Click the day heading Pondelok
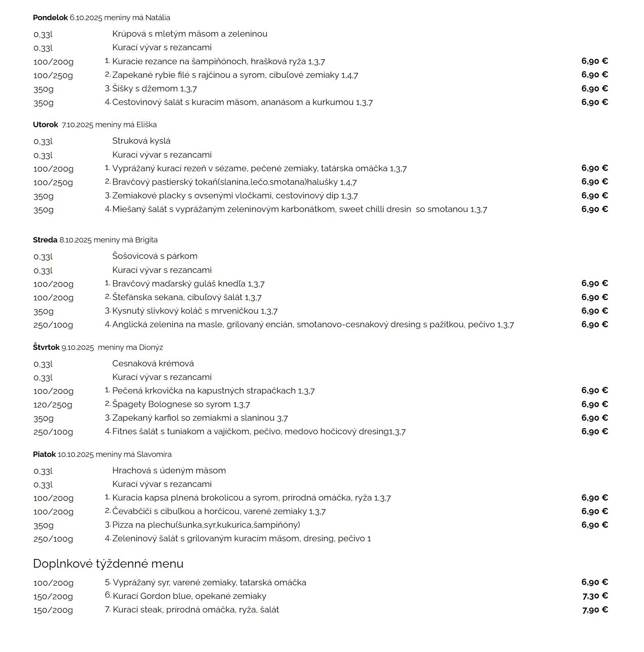(50, 18)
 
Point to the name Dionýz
(151, 347)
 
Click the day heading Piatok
(44, 454)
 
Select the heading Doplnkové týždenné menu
(108, 564)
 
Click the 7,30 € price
(595, 596)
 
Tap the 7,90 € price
(595, 610)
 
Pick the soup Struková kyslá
(141, 141)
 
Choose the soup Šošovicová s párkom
(155, 256)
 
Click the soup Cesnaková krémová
(153, 363)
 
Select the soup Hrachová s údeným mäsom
(169, 470)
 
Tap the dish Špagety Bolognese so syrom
(172, 404)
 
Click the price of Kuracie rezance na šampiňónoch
(594, 61)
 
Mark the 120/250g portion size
(53, 405)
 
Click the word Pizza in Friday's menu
(123, 525)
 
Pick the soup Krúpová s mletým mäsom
(190, 34)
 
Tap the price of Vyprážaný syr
(594, 582)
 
